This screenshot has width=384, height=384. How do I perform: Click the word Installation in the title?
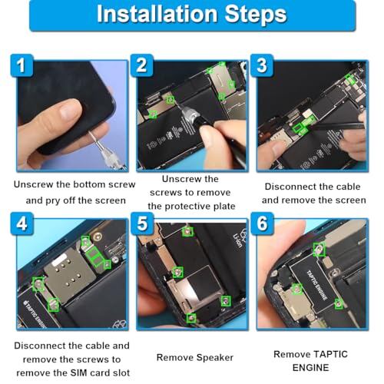point(157,14)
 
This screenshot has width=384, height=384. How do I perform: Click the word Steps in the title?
point(256,15)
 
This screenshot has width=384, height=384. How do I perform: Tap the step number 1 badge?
point(22,65)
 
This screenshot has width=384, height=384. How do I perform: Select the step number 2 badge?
point(142,65)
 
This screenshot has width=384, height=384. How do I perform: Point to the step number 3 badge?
point(262,65)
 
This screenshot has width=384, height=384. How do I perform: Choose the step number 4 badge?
point(22,223)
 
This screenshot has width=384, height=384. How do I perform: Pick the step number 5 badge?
point(142,223)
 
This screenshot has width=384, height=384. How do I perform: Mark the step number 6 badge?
point(262,223)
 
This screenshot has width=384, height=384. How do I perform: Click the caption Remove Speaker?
point(195,358)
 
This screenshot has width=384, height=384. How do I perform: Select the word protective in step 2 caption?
point(189,207)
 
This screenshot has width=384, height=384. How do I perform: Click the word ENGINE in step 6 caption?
point(310,368)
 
